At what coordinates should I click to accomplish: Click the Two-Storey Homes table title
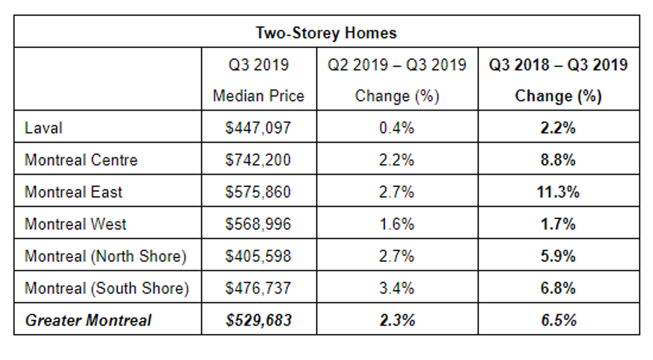point(326,32)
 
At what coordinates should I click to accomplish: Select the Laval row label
point(43,127)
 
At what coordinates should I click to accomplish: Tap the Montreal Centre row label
point(81,160)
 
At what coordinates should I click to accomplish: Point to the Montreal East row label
point(73,192)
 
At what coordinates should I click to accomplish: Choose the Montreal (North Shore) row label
point(105,256)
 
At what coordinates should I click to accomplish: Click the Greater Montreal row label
point(88,320)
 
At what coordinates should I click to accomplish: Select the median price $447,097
point(259,127)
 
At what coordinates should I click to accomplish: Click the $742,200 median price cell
point(259,160)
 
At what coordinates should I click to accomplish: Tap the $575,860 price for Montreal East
point(259,192)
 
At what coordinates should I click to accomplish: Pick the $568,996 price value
point(259,224)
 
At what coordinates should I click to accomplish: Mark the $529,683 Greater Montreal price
point(259,320)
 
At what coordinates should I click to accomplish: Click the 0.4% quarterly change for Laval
point(397,127)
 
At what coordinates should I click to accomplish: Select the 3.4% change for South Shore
point(397,288)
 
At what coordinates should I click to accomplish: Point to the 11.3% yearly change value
point(558,192)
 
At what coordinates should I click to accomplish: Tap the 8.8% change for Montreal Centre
point(558,160)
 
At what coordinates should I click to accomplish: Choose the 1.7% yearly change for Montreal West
point(558,224)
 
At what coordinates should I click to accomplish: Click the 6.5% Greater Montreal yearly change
point(558,320)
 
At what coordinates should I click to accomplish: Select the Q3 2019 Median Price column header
point(259,80)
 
